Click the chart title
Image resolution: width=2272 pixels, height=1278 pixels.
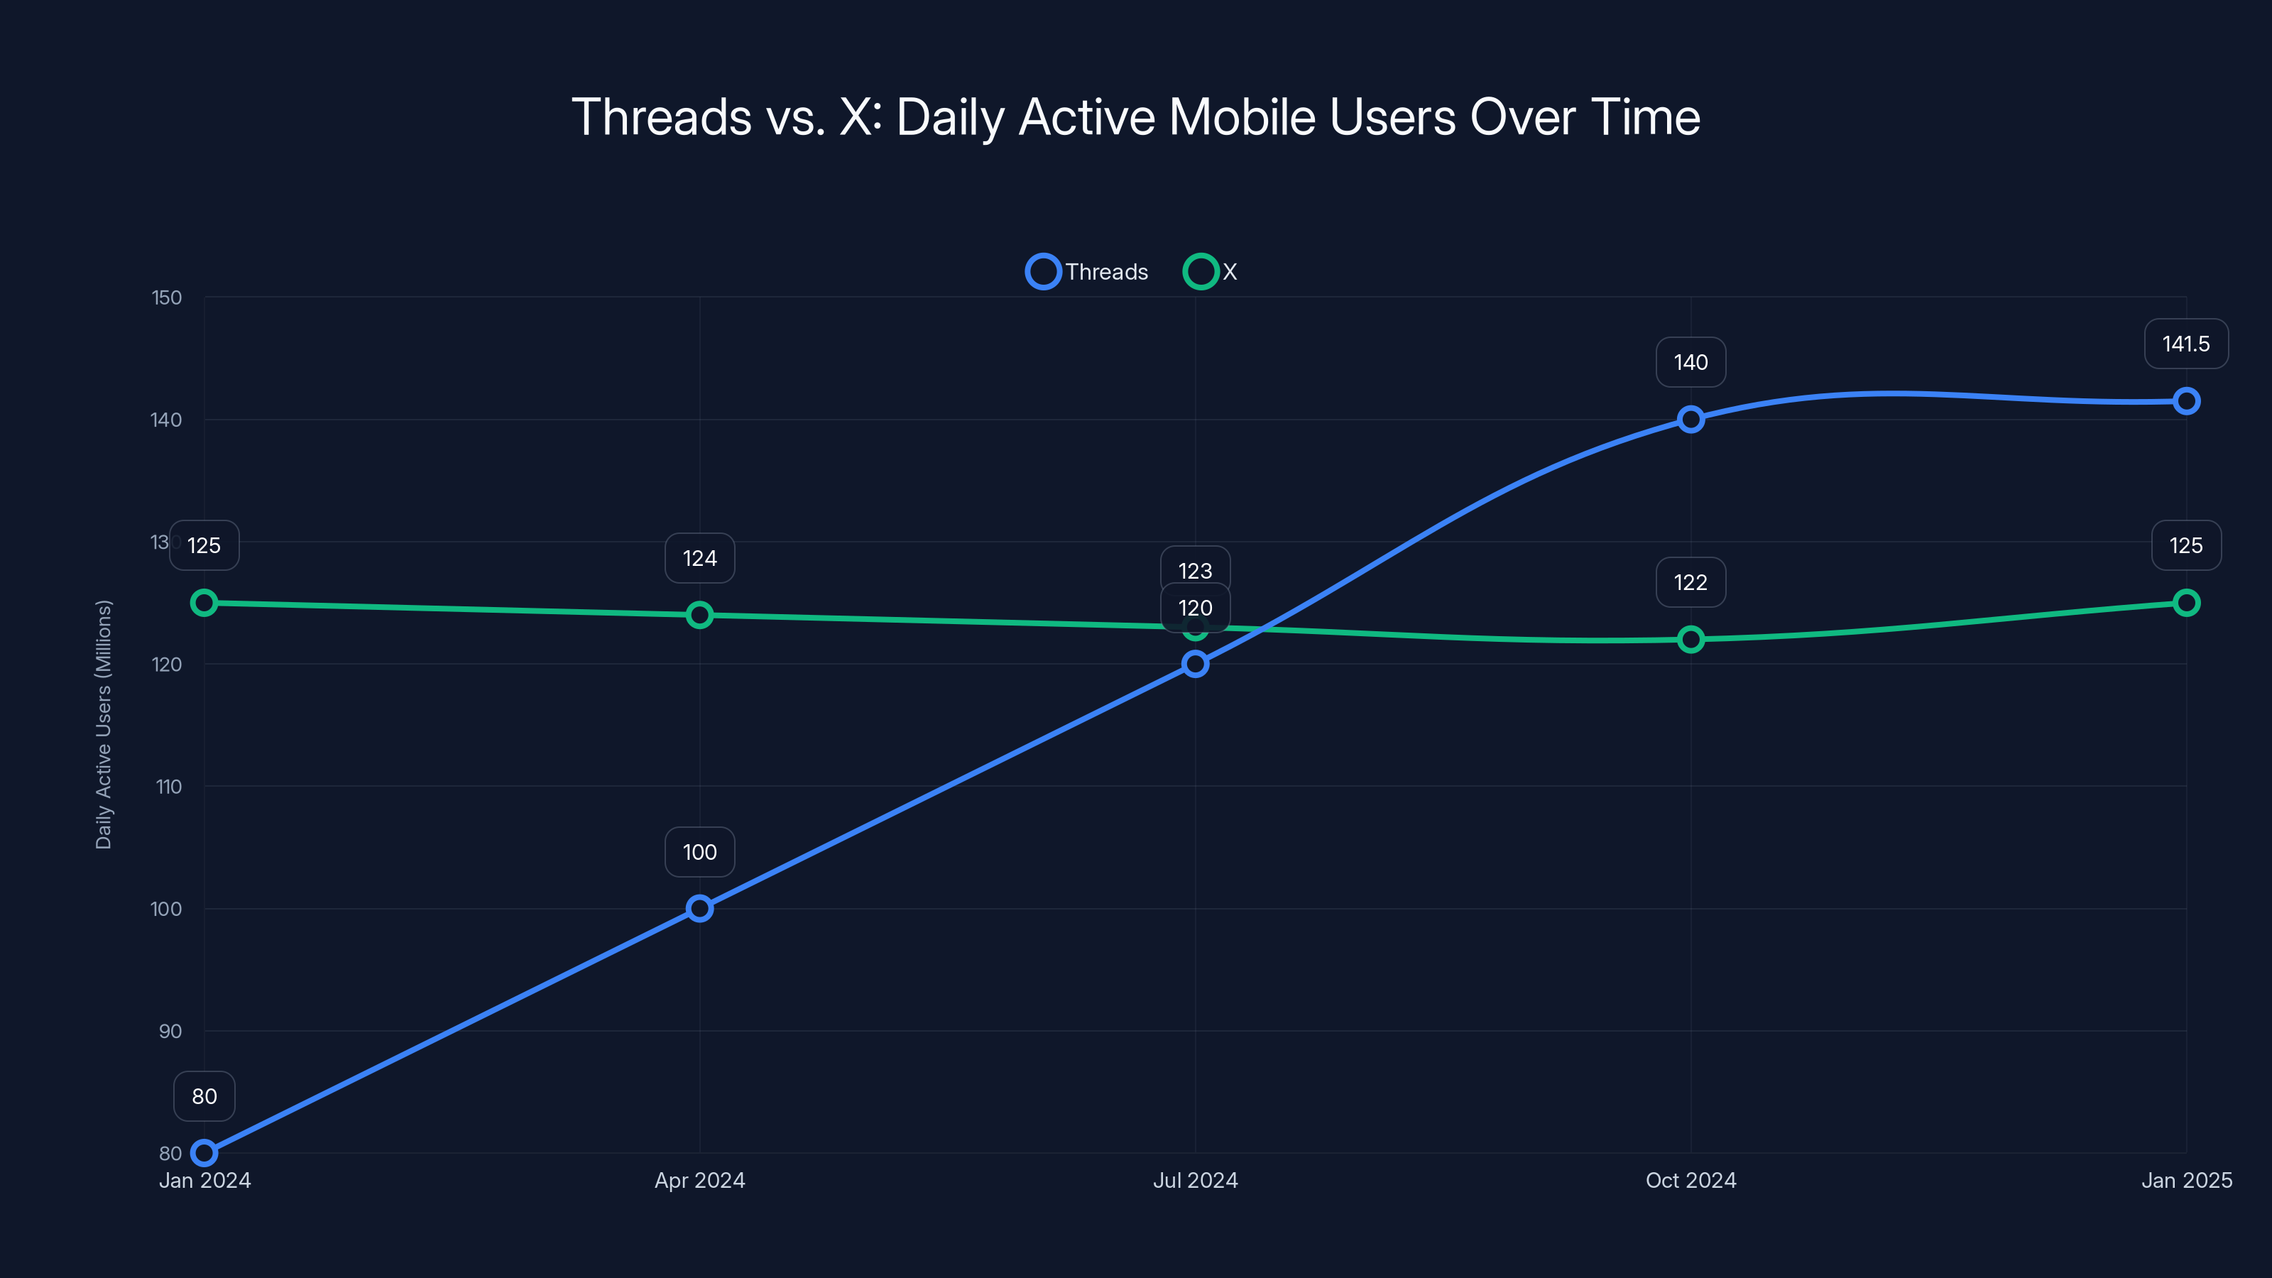pos(1136,117)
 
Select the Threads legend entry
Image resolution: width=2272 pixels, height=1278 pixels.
pos(1088,272)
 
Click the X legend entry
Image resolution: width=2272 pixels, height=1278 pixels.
pos(1212,272)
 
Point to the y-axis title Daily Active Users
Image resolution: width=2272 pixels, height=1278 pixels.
pos(104,724)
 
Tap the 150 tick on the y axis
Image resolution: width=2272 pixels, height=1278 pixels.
pos(167,298)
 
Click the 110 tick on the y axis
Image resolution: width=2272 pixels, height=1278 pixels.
pos(168,787)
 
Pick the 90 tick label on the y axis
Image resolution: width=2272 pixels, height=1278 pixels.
pos(170,1031)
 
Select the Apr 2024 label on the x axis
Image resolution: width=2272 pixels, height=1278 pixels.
pos(699,1180)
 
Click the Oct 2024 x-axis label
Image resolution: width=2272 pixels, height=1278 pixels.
pos(1690,1180)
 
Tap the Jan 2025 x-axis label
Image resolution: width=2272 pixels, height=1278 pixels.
pos(2185,1180)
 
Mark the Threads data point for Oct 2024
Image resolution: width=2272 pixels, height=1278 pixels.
pos(1690,419)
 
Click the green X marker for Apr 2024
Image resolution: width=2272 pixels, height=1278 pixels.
pos(699,615)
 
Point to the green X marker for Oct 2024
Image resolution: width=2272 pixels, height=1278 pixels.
pos(1690,640)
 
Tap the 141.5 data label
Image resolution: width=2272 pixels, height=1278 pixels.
pos(2185,344)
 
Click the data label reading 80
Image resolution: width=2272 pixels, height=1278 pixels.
pos(204,1096)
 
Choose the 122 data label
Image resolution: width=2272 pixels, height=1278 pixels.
pos(1690,582)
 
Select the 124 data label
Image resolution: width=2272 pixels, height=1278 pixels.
pos(699,558)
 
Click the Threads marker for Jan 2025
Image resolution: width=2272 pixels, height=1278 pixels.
pos(2185,401)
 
